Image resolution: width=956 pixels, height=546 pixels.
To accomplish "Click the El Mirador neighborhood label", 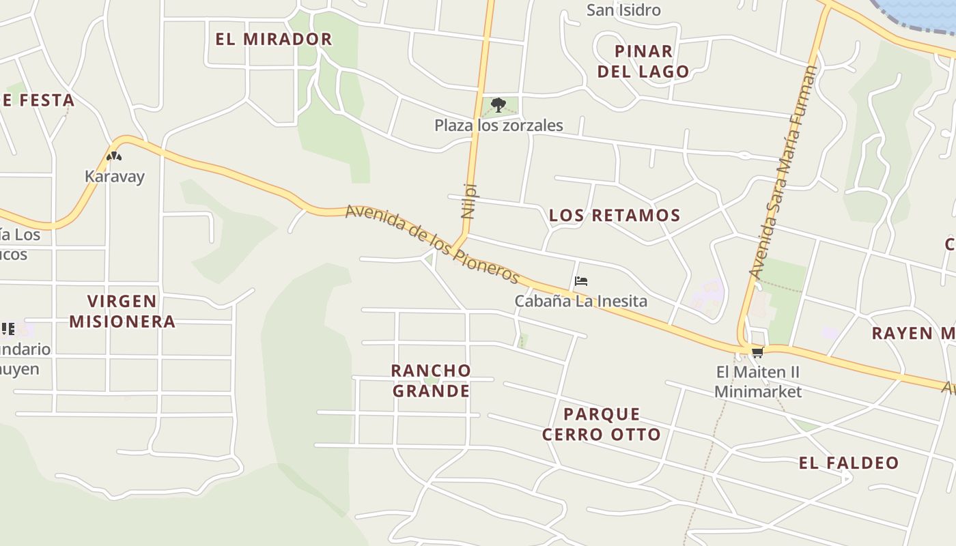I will pos(274,40).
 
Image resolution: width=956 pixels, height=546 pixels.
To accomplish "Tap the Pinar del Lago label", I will pos(643,61).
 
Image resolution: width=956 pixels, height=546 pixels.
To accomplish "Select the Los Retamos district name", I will pos(615,216).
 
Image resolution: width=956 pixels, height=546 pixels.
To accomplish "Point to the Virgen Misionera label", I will pos(122,311).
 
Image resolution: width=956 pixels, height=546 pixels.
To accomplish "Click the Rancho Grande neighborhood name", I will pos(431,381).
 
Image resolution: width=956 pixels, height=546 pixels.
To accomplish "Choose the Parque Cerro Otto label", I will pos(602,425).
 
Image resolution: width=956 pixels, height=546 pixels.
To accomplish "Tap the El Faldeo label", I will pos(849,463).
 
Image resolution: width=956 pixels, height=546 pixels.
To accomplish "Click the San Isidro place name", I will pos(623,10).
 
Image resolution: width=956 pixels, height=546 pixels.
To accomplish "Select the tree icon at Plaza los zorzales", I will pos(498,105).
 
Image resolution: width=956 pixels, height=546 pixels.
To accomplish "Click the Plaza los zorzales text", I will pos(498,126).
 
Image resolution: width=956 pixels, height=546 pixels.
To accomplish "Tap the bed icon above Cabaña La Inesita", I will pos(581,281).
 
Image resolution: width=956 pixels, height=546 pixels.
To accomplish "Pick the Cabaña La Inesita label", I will pos(580,301).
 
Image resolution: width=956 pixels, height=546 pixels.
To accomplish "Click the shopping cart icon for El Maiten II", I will pos(757,353).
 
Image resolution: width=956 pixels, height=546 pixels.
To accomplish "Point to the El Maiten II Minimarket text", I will pos(757,382).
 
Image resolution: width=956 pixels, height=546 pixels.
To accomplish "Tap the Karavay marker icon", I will pos(114,156).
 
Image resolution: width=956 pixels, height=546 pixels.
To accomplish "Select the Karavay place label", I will pos(115,177).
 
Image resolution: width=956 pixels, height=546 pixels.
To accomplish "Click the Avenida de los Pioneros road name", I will pos(432,244).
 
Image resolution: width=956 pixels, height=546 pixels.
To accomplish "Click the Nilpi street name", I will pos(468,201).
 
